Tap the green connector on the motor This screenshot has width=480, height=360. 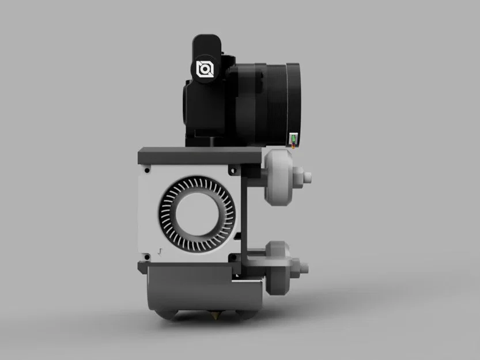click(x=294, y=139)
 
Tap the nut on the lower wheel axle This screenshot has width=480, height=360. click(x=296, y=266)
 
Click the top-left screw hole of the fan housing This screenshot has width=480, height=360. click(x=148, y=170)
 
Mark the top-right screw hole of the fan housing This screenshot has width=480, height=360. click(x=232, y=170)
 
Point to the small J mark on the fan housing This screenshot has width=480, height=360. click(x=160, y=250)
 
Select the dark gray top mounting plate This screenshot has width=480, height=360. click(x=199, y=154)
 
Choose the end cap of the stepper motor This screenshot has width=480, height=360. click(x=294, y=98)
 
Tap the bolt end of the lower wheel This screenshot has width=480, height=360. click(x=305, y=267)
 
